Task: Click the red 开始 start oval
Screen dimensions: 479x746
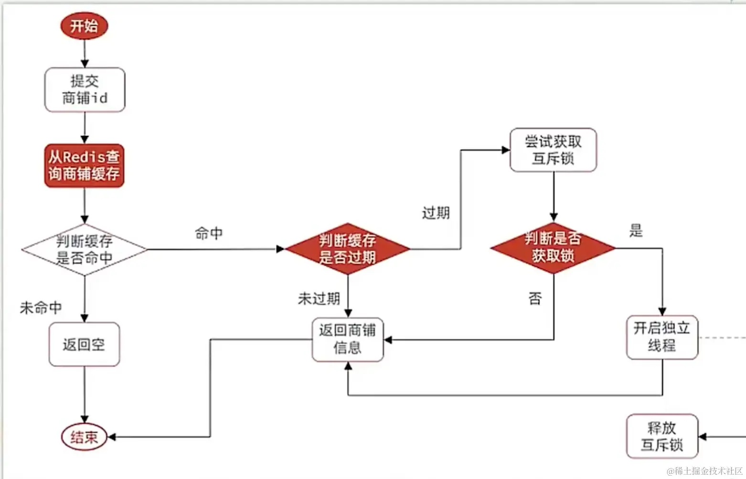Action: pos(84,26)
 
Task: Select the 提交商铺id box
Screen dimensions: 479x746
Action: pos(85,90)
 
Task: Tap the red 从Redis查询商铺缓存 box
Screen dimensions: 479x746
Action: pos(84,165)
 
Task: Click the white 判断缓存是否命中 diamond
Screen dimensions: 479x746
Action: pos(85,249)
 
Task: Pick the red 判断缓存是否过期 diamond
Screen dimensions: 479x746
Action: pos(347,249)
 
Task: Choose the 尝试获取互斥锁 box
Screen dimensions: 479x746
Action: pos(553,150)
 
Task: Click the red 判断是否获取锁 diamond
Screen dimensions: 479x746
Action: pos(553,248)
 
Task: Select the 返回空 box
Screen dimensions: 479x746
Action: pos(84,344)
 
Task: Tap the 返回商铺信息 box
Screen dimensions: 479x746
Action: pos(348,339)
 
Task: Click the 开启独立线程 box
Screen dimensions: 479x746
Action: pos(662,337)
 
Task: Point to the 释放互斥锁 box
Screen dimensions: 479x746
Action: pos(662,436)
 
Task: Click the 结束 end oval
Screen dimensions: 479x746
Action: pos(84,437)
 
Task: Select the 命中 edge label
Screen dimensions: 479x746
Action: pos(209,233)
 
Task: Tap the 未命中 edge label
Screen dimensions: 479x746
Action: pos(41,308)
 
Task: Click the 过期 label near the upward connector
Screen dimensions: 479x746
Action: pos(436,213)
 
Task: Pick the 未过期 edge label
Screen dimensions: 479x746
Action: pos(319,299)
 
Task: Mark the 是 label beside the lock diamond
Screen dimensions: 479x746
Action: pos(636,231)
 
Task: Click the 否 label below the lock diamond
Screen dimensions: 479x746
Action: pos(535,299)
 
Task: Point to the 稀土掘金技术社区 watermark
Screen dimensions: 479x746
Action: pos(704,471)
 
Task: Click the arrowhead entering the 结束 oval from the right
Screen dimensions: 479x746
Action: pos(112,437)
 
